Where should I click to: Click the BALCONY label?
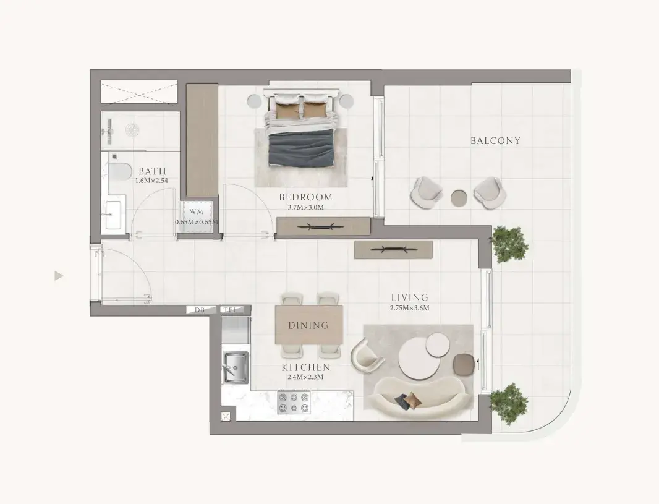(495, 141)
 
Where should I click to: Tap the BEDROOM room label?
(306, 197)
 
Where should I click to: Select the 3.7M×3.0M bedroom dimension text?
(306, 207)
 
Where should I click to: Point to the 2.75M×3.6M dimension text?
(409, 308)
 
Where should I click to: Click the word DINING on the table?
(308, 325)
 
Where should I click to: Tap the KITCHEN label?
(306, 367)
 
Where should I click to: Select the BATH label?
(152, 171)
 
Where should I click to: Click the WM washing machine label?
(196, 212)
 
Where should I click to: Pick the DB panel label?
(199, 310)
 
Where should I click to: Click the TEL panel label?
(231, 310)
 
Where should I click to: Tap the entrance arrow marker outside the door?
(59, 276)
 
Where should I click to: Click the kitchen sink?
(236, 367)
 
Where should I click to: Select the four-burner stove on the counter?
(294, 402)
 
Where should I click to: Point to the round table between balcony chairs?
(459, 197)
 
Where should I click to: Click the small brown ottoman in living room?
(464, 362)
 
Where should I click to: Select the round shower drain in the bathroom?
(132, 129)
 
